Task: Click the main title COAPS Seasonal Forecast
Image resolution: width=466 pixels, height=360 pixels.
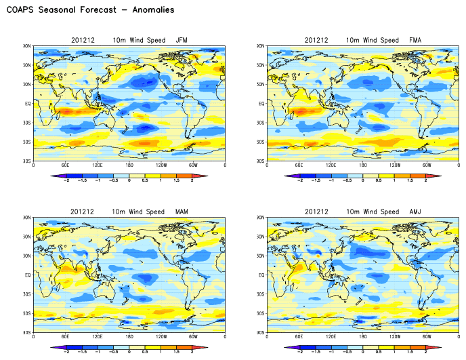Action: click(x=89, y=10)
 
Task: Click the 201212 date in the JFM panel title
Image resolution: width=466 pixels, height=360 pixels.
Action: click(x=82, y=41)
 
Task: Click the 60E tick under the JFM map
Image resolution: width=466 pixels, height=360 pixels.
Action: click(x=65, y=165)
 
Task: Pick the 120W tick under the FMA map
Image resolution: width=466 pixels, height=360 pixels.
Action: click(x=396, y=165)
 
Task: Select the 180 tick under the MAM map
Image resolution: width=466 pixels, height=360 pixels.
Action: click(x=129, y=336)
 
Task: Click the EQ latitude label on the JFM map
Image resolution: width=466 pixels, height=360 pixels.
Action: click(x=27, y=104)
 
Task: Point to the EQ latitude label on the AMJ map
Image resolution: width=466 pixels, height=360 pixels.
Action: click(x=261, y=275)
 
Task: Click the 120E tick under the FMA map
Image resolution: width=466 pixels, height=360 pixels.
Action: click(x=331, y=165)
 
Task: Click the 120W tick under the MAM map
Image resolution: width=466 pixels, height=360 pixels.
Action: click(x=161, y=336)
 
